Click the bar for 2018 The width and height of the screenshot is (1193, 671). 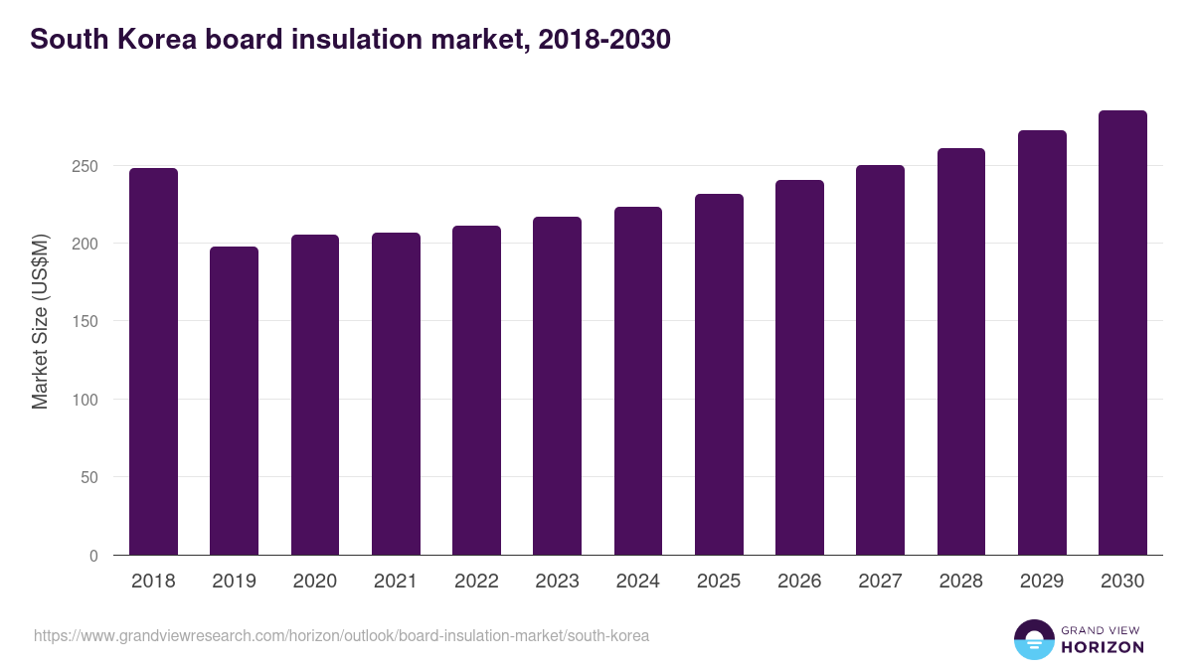pos(153,362)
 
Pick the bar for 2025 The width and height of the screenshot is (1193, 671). pos(719,375)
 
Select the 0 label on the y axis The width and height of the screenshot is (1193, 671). pos(93,556)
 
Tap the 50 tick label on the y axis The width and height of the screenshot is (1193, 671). pos(88,478)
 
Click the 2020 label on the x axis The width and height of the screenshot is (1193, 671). pos(314,582)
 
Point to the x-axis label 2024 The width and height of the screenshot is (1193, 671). pos(637,582)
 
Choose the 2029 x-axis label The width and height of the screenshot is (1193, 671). pos(1041,582)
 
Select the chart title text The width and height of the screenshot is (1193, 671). pos(350,40)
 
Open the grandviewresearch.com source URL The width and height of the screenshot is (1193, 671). pos(341,635)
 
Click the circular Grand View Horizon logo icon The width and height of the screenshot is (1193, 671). pos(1033,639)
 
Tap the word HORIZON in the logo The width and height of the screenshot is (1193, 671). pos(1103,647)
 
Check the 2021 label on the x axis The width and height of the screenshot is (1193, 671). pos(395,582)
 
